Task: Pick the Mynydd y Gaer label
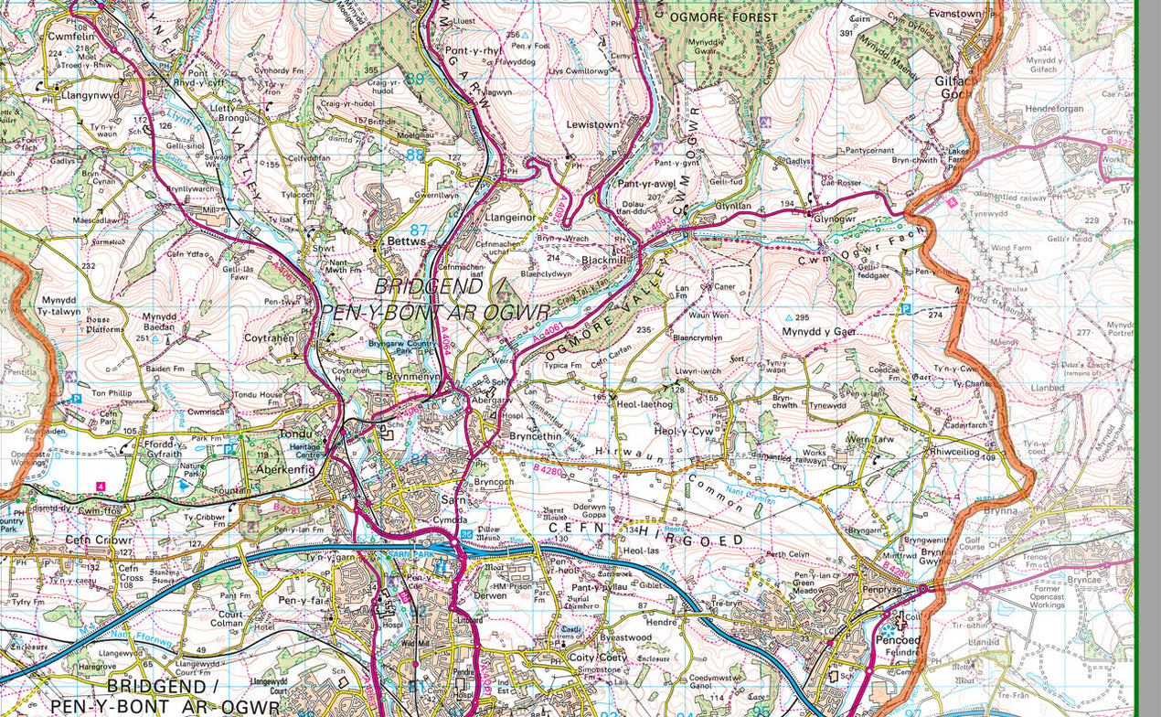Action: point(826,331)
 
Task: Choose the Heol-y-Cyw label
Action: point(684,431)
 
